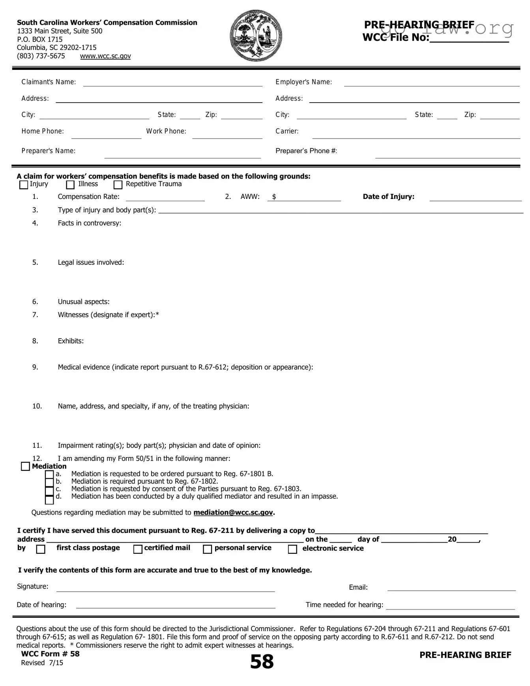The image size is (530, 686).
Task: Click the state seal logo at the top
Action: coord(256,36)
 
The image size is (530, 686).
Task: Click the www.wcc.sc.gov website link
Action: coord(105,56)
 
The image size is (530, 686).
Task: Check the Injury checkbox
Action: coord(24,185)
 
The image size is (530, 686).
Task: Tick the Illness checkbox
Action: coord(70,185)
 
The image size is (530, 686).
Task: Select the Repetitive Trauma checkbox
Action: coord(118,185)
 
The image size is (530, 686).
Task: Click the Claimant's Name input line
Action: coord(172,82)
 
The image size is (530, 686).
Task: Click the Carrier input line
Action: coord(416,135)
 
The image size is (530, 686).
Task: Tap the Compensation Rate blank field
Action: coord(165,197)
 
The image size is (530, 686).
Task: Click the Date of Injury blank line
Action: coord(475,197)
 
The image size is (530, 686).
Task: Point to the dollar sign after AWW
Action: coord(274,197)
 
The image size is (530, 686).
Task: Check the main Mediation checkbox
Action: coord(25,467)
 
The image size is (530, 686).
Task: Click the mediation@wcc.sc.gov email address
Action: coord(233,512)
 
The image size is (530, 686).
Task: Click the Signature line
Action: coord(166,588)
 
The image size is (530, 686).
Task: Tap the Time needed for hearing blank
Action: coord(450,606)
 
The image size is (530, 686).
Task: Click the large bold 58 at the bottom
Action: coord(262,662)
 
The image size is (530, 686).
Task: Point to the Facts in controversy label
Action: coord(90,223)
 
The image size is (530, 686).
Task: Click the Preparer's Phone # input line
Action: coord(448,154)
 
